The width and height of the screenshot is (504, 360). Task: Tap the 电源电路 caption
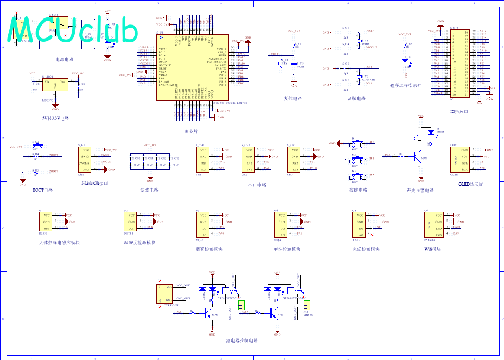point(64,59)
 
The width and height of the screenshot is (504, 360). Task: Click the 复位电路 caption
point(293,99)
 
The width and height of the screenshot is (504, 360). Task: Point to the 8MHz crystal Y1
point(359,42)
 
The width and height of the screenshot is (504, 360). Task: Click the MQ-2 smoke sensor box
point(203,224)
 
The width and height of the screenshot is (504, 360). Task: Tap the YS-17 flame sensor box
point(359,224)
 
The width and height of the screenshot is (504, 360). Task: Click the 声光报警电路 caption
point(420,191)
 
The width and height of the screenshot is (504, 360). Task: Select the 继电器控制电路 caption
point(242,340)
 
